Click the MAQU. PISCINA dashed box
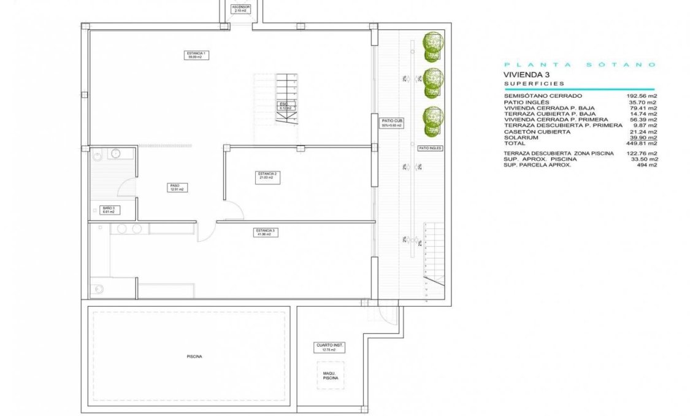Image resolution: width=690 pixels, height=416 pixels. click(331, 376)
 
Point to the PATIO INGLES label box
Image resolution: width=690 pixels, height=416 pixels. click(429, 148)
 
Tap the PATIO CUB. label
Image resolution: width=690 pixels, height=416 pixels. click(392, 123)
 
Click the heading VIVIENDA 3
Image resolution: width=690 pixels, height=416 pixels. click(526, 74)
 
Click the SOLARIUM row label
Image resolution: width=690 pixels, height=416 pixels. click(520, 137)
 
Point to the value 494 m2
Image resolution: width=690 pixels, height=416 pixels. click(648, 164)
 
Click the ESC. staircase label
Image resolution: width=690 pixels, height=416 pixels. click(284, 106)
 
